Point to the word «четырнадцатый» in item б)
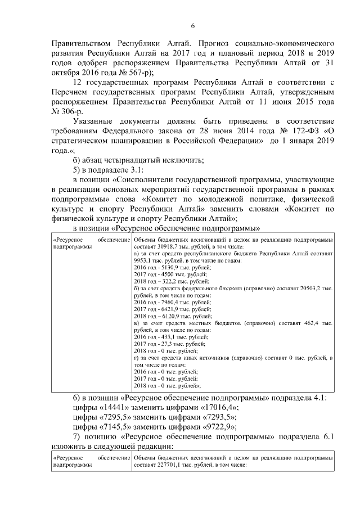131,160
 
